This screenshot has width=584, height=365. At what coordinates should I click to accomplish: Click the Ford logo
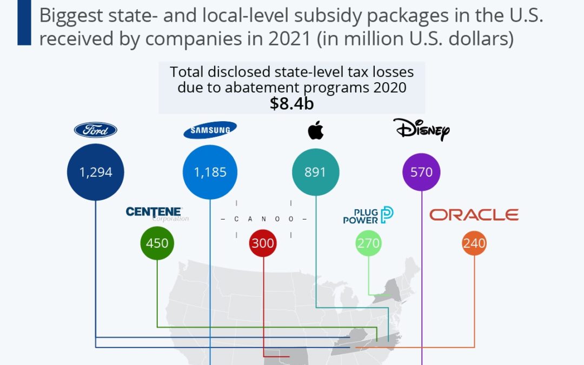95,130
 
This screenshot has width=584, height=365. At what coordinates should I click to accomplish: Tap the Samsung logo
210,130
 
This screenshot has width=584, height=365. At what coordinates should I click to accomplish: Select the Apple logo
316,130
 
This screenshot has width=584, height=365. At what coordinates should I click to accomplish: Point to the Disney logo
421,130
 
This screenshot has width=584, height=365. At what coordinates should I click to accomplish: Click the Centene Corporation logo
155,213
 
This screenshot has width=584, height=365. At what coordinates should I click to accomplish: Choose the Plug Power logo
368,215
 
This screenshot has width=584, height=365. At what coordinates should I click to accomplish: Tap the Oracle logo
474,215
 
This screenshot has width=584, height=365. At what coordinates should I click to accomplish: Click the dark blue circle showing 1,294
95,172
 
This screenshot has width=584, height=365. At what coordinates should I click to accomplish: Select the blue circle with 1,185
210,172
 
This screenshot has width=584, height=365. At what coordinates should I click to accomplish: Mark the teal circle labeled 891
316,172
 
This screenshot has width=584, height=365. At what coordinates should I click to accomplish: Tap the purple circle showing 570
421,172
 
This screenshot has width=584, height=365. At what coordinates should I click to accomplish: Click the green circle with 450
157,243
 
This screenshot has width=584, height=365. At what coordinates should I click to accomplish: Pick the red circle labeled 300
263,243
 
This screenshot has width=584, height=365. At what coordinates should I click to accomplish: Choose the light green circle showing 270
368,243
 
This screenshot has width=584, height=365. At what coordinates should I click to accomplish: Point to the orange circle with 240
474,243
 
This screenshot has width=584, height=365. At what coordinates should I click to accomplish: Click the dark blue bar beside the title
24,23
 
